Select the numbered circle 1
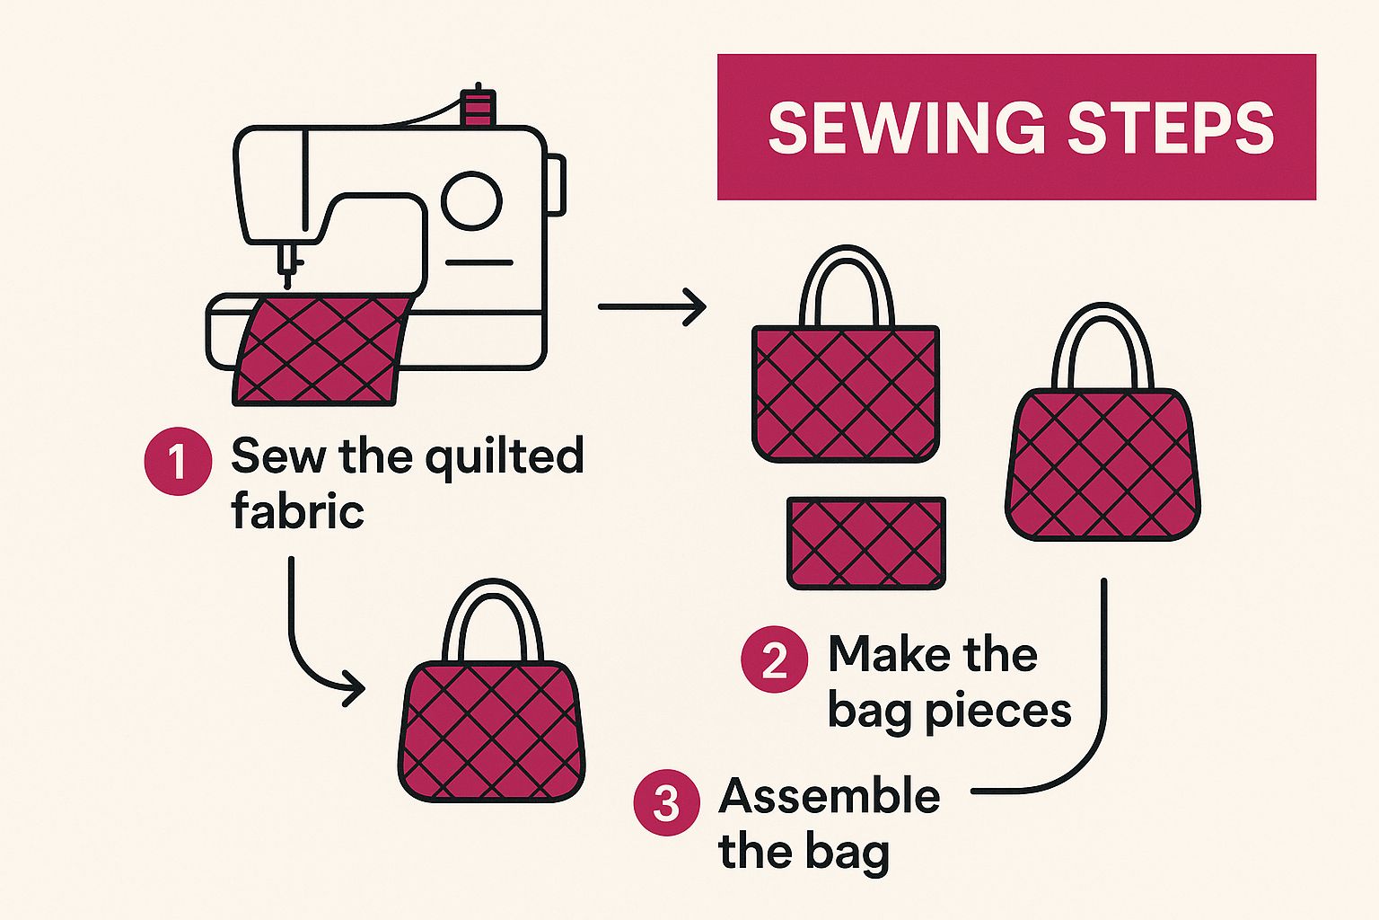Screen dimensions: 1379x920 pyautogui.click(x=178, y=461)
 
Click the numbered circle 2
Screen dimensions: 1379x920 pyautogui.click(x=775, y=659)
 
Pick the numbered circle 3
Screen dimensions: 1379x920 pyautogui.click(x=667, y=802)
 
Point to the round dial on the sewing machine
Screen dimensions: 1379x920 pyautogui.click(x=472, y=201)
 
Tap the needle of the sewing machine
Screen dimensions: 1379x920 pyautogui.click(x=287, y=266)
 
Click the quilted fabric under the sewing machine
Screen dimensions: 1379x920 pyautogui.click(x=321, y=349)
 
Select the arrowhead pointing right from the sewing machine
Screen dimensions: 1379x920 pyautogui.click(x=696, y=306)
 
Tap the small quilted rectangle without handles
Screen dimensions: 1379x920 pyautogui.click(x=866, y=543)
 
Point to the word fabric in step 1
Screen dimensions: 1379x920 pyautogui.click(x=298, y=511)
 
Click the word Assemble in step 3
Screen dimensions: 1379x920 pyautogui.click(x=830, y=796)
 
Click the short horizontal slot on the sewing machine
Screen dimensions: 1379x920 pyautogui.click(x=479, y=262)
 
